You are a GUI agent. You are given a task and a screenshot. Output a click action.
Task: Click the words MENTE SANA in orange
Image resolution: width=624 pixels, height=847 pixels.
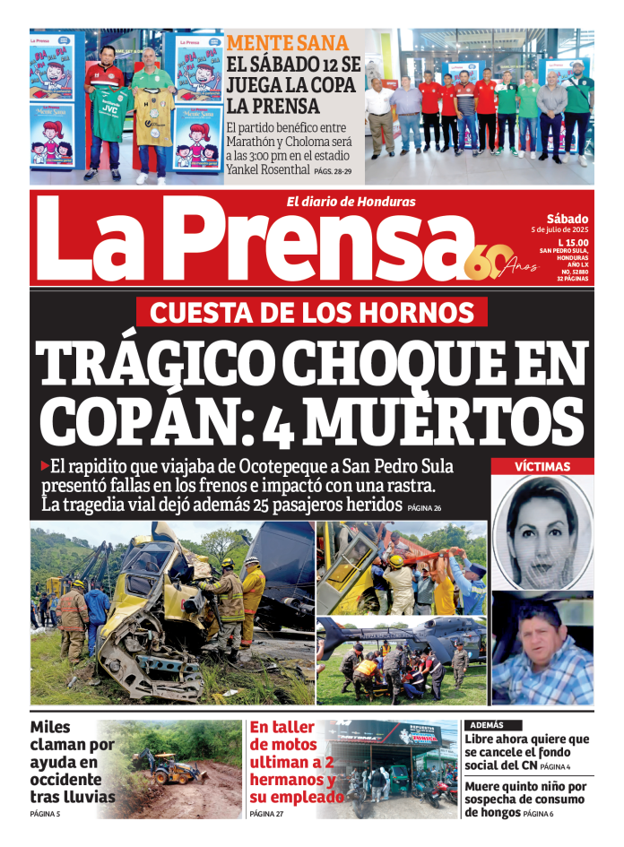[287, 43]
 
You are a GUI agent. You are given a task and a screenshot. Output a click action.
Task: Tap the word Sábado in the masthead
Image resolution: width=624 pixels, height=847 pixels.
[567, 219]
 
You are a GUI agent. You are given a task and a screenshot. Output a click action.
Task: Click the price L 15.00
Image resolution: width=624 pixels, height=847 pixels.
[571, 243]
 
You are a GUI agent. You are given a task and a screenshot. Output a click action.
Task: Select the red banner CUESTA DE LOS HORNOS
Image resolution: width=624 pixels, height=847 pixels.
[311, 312]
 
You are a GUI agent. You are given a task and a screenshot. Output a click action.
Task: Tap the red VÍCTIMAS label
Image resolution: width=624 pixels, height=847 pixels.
[542, 466]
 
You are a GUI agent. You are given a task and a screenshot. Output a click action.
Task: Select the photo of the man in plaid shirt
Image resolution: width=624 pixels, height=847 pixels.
[542, 647]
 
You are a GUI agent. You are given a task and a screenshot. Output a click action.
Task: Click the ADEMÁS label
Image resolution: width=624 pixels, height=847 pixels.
[484, 725]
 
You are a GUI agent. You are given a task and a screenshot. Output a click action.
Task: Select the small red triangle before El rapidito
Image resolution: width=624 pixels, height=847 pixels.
[45, 465]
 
